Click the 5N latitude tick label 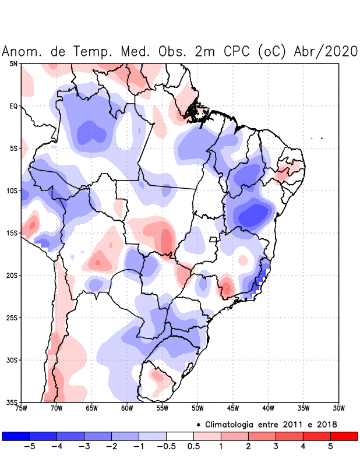(13, 63)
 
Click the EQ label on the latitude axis (13, 106)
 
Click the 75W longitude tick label (21, 408)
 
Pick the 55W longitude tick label (162, 408)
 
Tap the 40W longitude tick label (268, 408)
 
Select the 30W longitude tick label (338, 408)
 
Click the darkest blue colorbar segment (16, 436)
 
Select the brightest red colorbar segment (344, 436)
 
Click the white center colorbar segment (180, 436)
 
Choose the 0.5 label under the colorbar (193, 447)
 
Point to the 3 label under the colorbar (276, 447)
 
